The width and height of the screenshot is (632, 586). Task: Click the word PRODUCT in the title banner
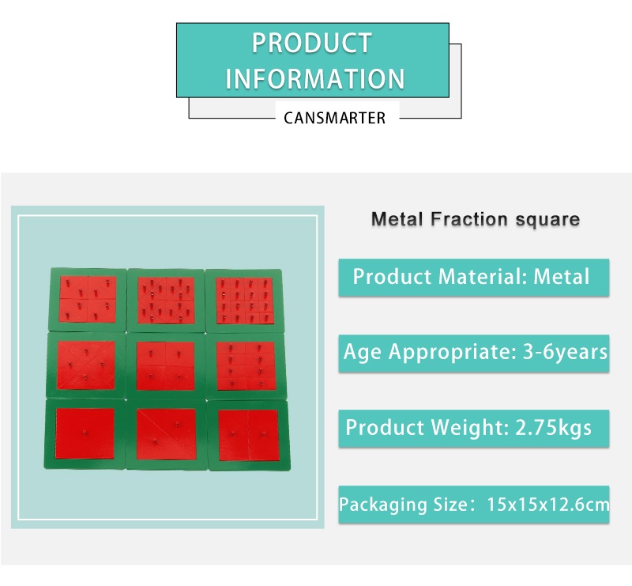[x=311, y=43]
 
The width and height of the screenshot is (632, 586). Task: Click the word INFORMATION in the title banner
[x=314, y=79]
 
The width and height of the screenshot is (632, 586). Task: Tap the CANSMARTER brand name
[x=334, y=119]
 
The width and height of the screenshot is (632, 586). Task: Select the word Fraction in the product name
[x=469, y=219]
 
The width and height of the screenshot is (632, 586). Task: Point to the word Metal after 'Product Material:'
[x=562, y=277]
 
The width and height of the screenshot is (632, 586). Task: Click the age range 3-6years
[x=565, y=352]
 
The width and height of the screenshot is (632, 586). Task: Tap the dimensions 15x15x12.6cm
[x=548, y=505]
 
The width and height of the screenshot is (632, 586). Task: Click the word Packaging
[x=383, y=505]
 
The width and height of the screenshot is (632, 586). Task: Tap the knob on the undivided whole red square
[x=85, y=433]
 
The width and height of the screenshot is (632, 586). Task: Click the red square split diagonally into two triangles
[x=166, y=434]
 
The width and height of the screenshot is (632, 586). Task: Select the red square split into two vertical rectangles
[x=248, y=436]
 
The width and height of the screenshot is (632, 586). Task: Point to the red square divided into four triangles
[x=86, y=365]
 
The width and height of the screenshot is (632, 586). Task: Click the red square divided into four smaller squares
[x=166, y=366]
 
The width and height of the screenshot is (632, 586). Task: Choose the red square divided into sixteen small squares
[x=244, y=301]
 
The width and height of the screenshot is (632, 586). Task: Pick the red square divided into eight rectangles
[x=246, y=366]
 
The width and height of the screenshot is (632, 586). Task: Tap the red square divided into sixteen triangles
[x=166, y=300]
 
